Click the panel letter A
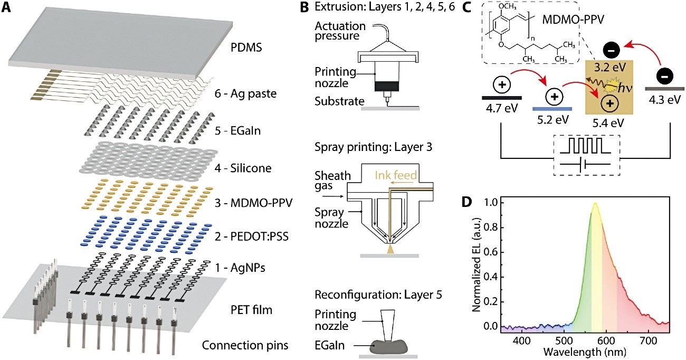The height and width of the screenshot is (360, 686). [x=6, y=7]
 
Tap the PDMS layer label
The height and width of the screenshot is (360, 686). [x=246, y=48]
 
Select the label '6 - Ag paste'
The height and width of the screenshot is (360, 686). [x=245, y=94]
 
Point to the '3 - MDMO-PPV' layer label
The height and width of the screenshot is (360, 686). [x=254, y=203]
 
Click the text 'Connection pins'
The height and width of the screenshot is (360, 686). [x=245, y=345]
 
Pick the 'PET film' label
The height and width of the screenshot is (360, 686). [x=251, y=310]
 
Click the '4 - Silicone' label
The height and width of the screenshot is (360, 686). [x=243, y=168]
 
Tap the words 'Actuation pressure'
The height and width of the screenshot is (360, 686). [x=340, y=31]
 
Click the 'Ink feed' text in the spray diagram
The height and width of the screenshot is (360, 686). [x=396, y=175]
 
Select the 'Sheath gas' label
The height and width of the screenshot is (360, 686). [x=332, y=181]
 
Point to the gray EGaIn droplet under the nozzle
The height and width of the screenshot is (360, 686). [x=389, y=347]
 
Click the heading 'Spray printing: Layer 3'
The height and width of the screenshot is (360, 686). [x=373, y=147]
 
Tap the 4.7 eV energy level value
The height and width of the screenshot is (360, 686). [x=502, y=108]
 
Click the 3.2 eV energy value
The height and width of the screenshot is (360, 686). [x=609, y=67]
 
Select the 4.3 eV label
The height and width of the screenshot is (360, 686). [x=664, y=100]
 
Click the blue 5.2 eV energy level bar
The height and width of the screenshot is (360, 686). [x=552, y=109]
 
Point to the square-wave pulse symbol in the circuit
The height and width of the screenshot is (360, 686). [x=585, y=146]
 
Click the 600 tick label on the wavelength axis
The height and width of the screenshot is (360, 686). [x=606, y=340]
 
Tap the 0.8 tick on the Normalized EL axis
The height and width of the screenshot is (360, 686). [x=490, y=228]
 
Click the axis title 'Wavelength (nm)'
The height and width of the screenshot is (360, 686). [x=584, y=352]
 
